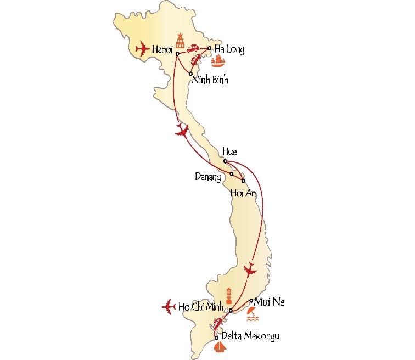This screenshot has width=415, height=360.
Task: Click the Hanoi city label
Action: [x=163, y=49]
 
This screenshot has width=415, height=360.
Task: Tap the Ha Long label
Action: [x=229, y=49]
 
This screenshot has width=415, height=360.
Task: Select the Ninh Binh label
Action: [x=210, y=81]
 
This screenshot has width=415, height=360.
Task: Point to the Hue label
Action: [x=229, y=153]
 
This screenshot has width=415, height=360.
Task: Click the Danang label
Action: [x=209, y=177]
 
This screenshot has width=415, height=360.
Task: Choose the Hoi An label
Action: [x=244, y=193]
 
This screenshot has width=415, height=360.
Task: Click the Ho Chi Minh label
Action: [x=202, y=306]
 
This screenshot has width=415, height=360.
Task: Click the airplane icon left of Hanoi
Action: [x=142, y=49]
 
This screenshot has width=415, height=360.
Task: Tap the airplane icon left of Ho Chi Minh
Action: [x=169, y=306]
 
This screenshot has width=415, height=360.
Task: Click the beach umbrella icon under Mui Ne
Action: [x=251, y=314]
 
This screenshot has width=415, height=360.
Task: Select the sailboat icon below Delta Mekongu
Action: [x=219, y=348]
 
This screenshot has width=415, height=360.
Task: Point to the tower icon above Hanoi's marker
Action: [x=180, y=41]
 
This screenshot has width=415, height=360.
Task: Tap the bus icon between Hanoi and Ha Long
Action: [x=194, y=49]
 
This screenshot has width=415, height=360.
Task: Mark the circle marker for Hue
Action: [x=225, y=161]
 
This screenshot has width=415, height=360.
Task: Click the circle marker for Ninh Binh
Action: [x=190, y=74]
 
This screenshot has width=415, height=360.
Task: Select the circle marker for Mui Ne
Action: [x=251, y=300]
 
